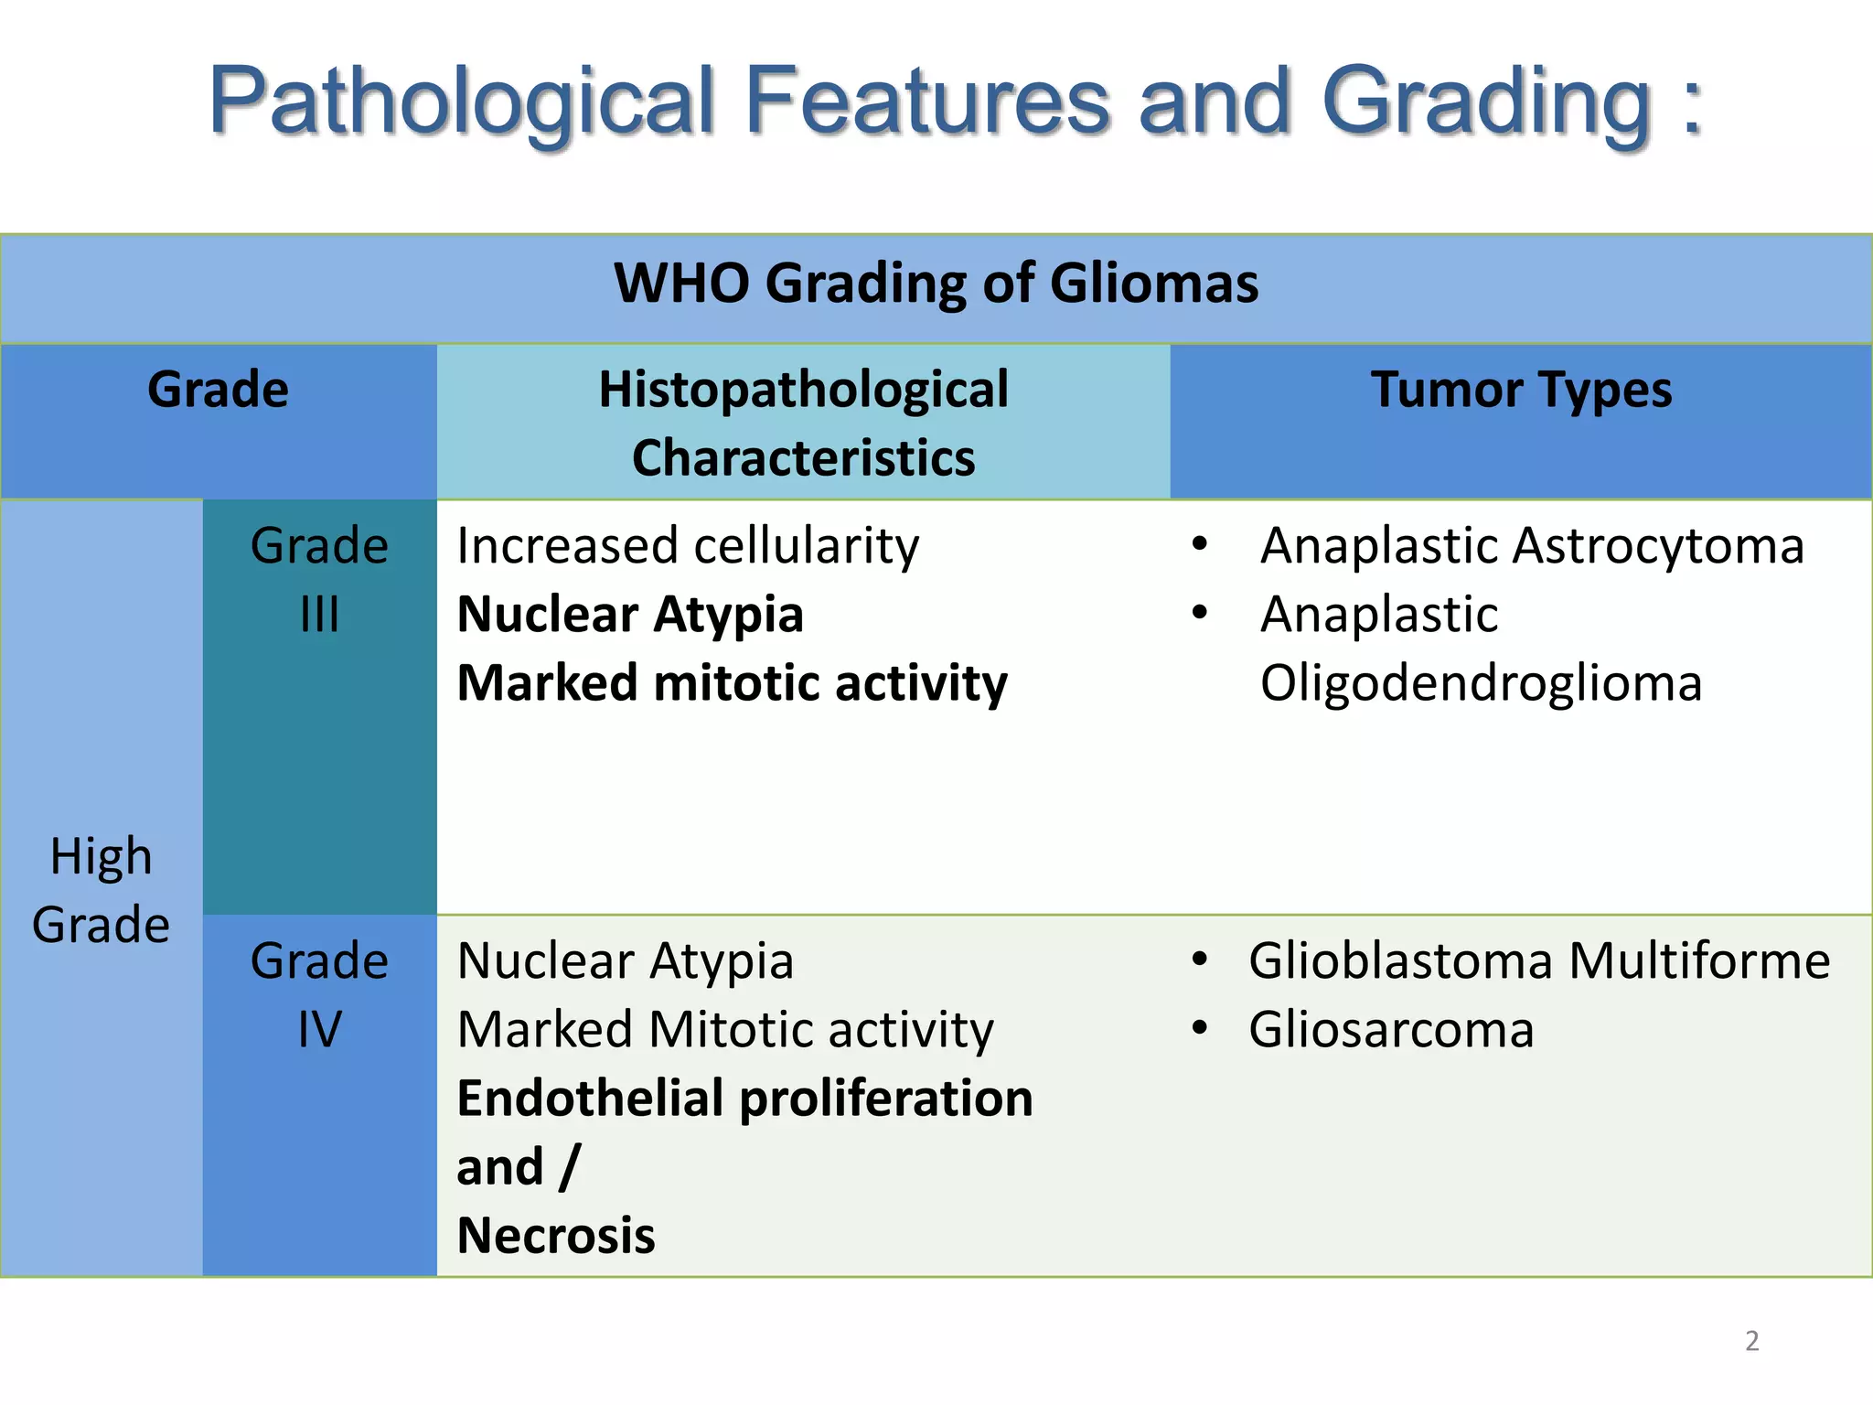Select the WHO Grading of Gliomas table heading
(936, 283)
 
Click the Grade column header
(218, 390)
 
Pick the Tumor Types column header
(1521, 390)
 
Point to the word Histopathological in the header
(803, 390)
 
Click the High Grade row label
(101, 890)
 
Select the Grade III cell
(319, 579)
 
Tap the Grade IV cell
(319, 994)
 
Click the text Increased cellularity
(688, 546)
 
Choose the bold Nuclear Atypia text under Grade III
(630, 614)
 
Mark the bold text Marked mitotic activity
(732, 682)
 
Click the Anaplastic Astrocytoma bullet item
(1532, 546)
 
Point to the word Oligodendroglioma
(1481, 682)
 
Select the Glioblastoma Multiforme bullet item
(1539, 961)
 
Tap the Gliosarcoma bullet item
(1391, 1030)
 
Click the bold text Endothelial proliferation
(744, 1098)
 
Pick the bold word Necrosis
(556, 1235)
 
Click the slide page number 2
(1751, 1341)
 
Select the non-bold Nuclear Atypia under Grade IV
(626, 961)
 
